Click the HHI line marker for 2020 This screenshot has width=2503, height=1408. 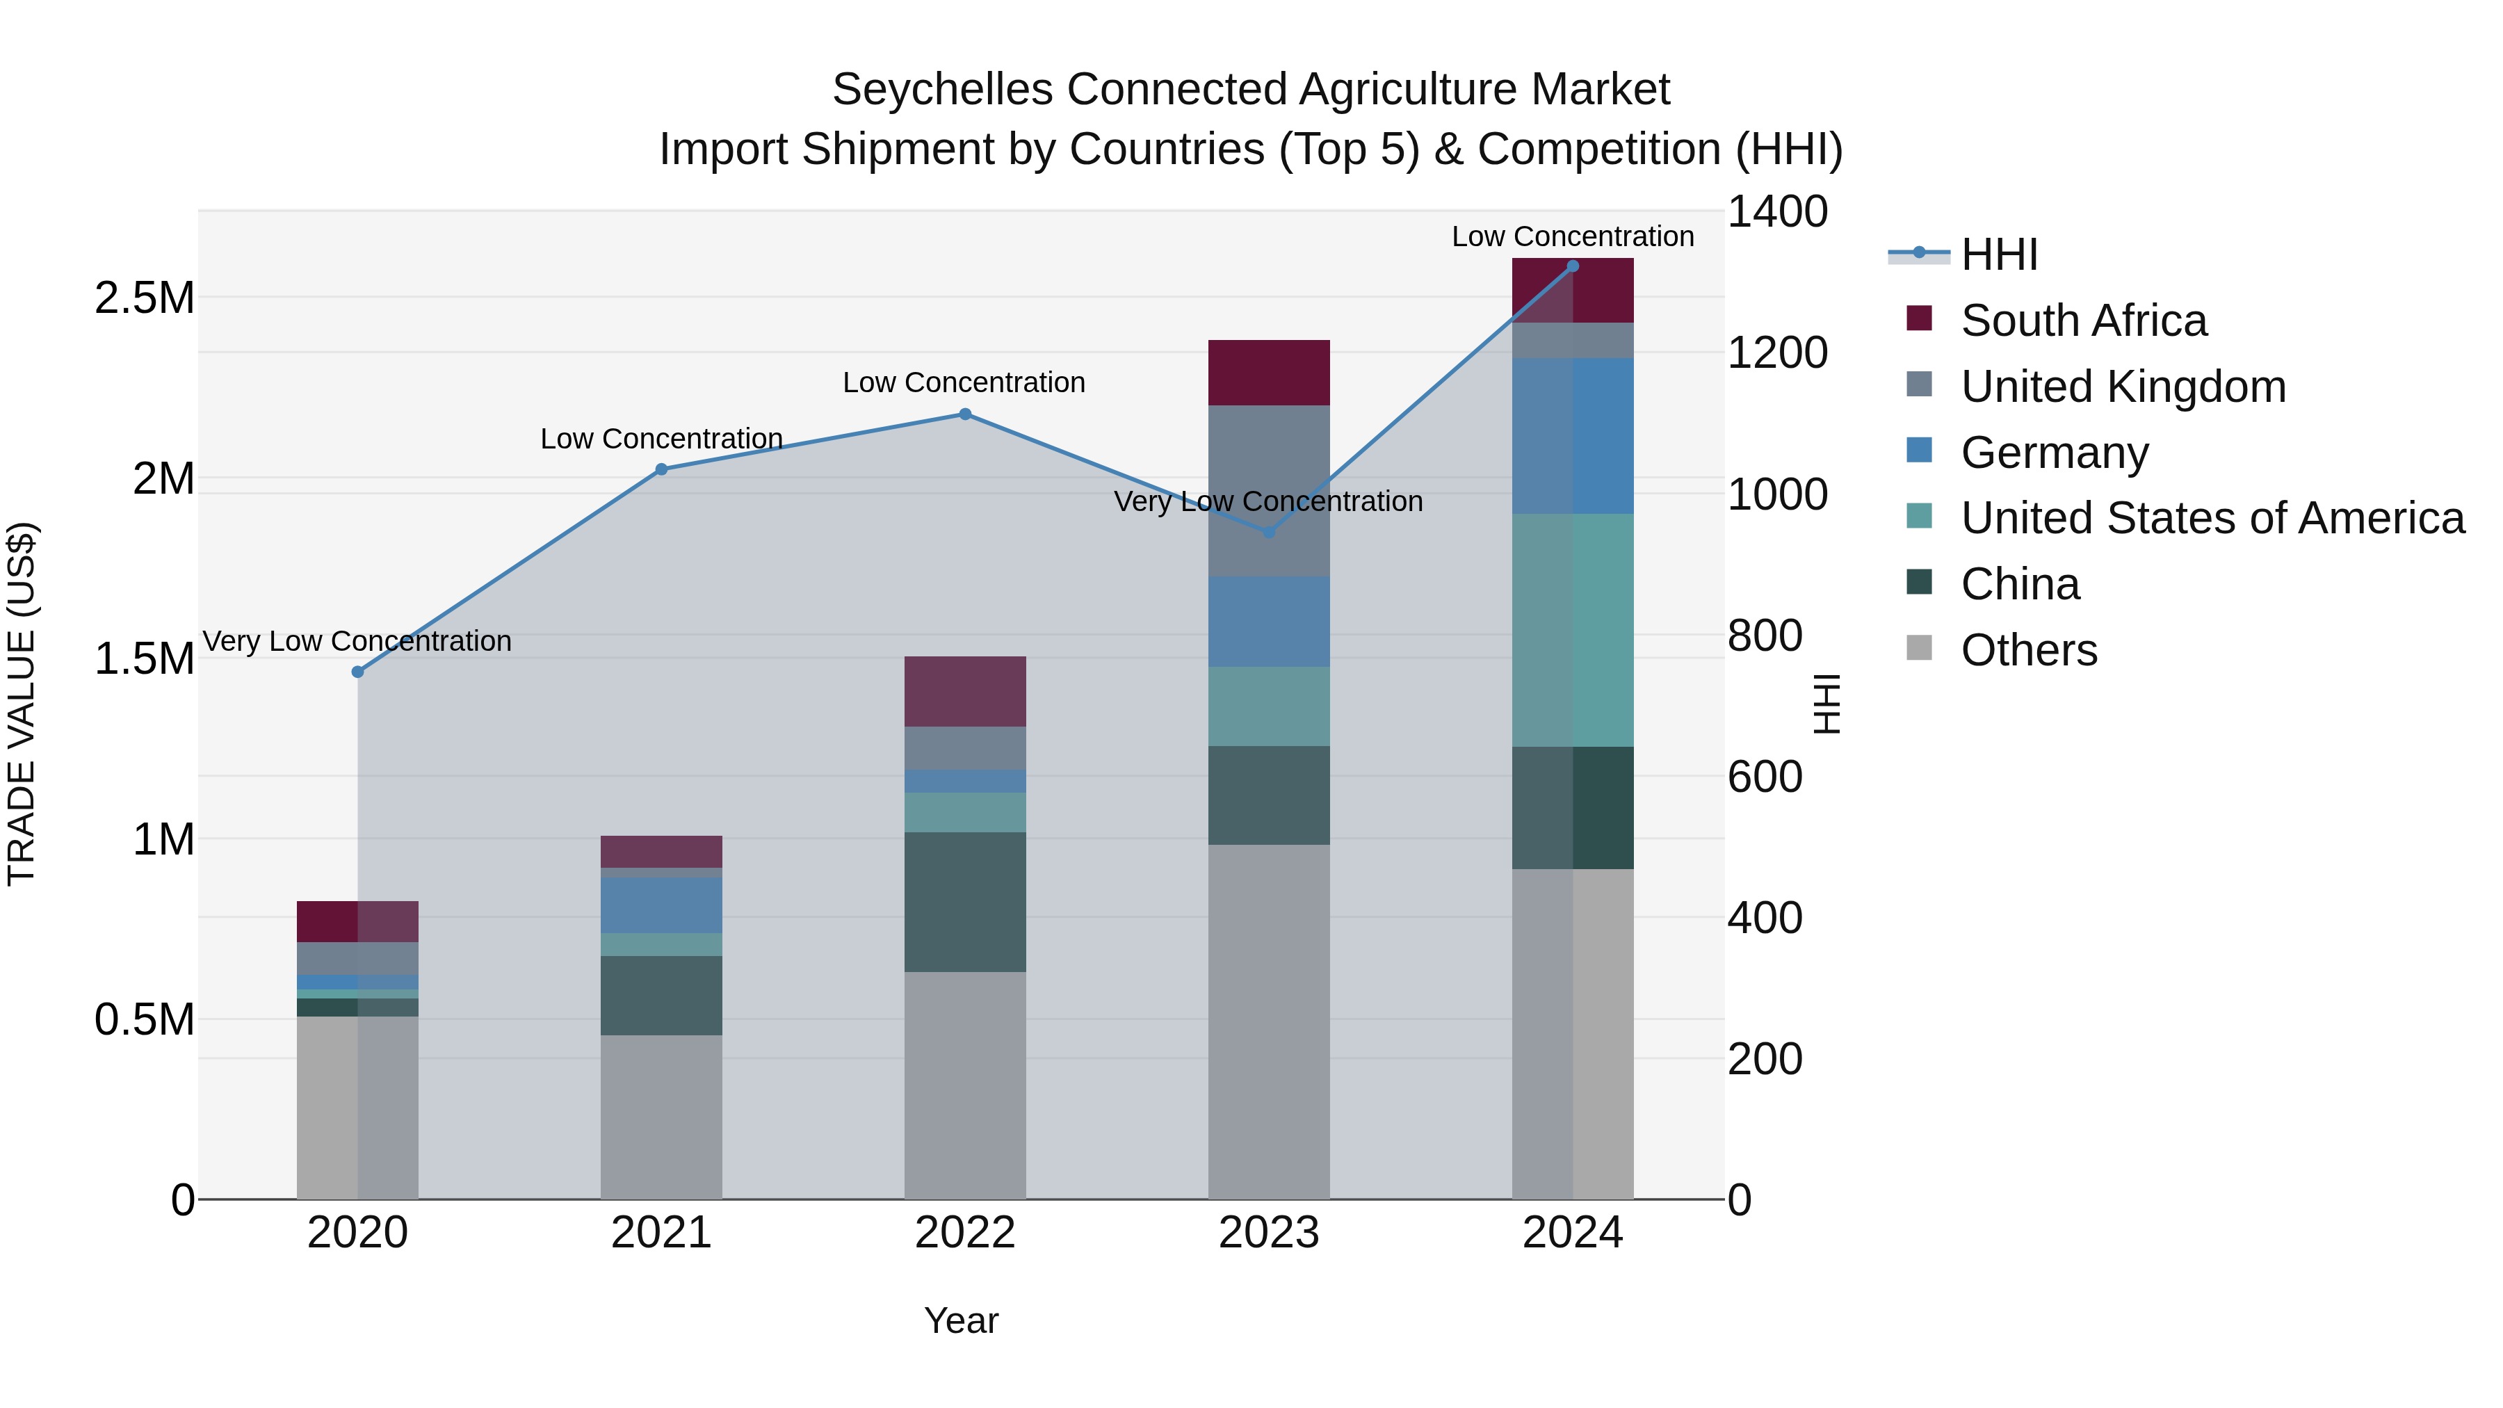click(x=357, y=672)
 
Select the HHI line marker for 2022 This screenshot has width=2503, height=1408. click(x=965, y=414)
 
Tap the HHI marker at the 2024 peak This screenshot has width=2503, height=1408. click(x=1573, y=266)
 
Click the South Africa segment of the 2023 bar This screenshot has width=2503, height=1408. click(x=1268, y=372)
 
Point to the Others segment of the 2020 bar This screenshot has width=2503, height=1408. click(x=357, y=1107)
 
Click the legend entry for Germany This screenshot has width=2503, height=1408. click(x=2054, y=453)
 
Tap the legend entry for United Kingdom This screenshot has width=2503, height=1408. click(x=2123, y=387)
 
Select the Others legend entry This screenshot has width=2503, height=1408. click(x=2029, y=650)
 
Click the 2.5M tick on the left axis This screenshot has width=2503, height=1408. click(x=145, y=298)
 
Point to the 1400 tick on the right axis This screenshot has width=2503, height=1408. click(x=1777, y=213)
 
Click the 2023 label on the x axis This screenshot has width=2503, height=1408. click(x=1268, y=1233)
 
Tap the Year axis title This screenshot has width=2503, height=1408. click(x=961, y=1320)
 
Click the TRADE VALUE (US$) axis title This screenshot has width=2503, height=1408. click(x=22, y=704)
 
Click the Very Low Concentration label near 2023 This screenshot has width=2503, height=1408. click(x=1268, y=501)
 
